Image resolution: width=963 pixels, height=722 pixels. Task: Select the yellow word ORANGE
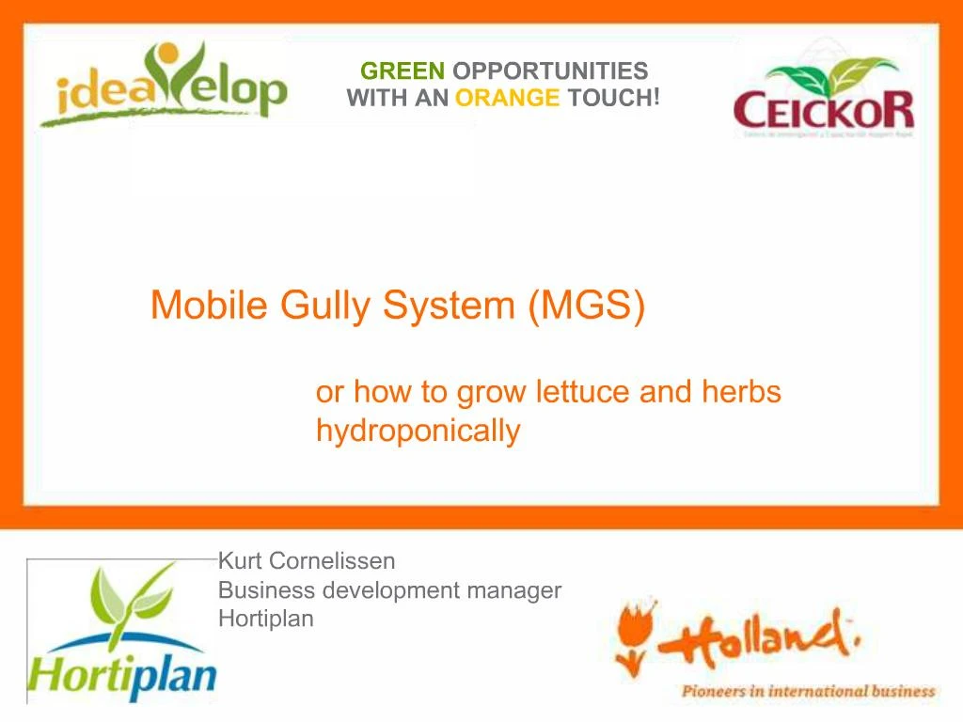pos(507,98)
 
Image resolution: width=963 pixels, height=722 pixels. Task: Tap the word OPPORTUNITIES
pos(550,71)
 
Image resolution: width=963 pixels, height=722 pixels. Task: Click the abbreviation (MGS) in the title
pos(587,306)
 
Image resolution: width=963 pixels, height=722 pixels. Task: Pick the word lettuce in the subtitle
pos(579,391)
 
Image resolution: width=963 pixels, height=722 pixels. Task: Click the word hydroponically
pos(418,431)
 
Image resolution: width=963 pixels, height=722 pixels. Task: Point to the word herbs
pos(741,391)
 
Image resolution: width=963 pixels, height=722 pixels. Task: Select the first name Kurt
pos(241,561)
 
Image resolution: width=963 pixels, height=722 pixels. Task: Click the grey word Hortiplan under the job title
pos(265,619)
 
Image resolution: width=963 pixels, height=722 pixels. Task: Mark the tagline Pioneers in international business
pos(808,692)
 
